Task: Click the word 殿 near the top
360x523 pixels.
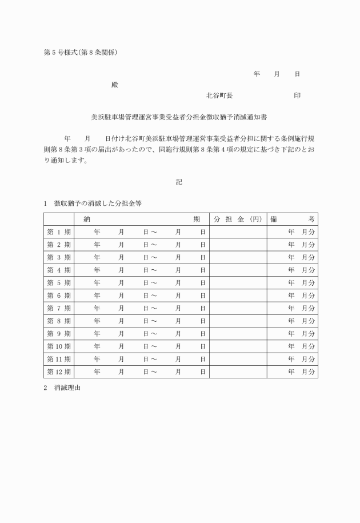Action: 115,85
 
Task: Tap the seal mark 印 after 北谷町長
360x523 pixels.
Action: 297,95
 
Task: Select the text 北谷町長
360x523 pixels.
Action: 219,95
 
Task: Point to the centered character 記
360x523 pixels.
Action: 179,182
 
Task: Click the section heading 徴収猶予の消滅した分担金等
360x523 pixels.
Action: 98,203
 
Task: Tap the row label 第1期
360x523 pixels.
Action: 59,232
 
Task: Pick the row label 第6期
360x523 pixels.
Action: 59,296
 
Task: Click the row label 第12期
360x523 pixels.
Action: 59,372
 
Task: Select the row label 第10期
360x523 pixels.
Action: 59,346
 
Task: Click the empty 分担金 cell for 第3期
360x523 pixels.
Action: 238,257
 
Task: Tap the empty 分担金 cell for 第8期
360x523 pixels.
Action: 238,321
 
